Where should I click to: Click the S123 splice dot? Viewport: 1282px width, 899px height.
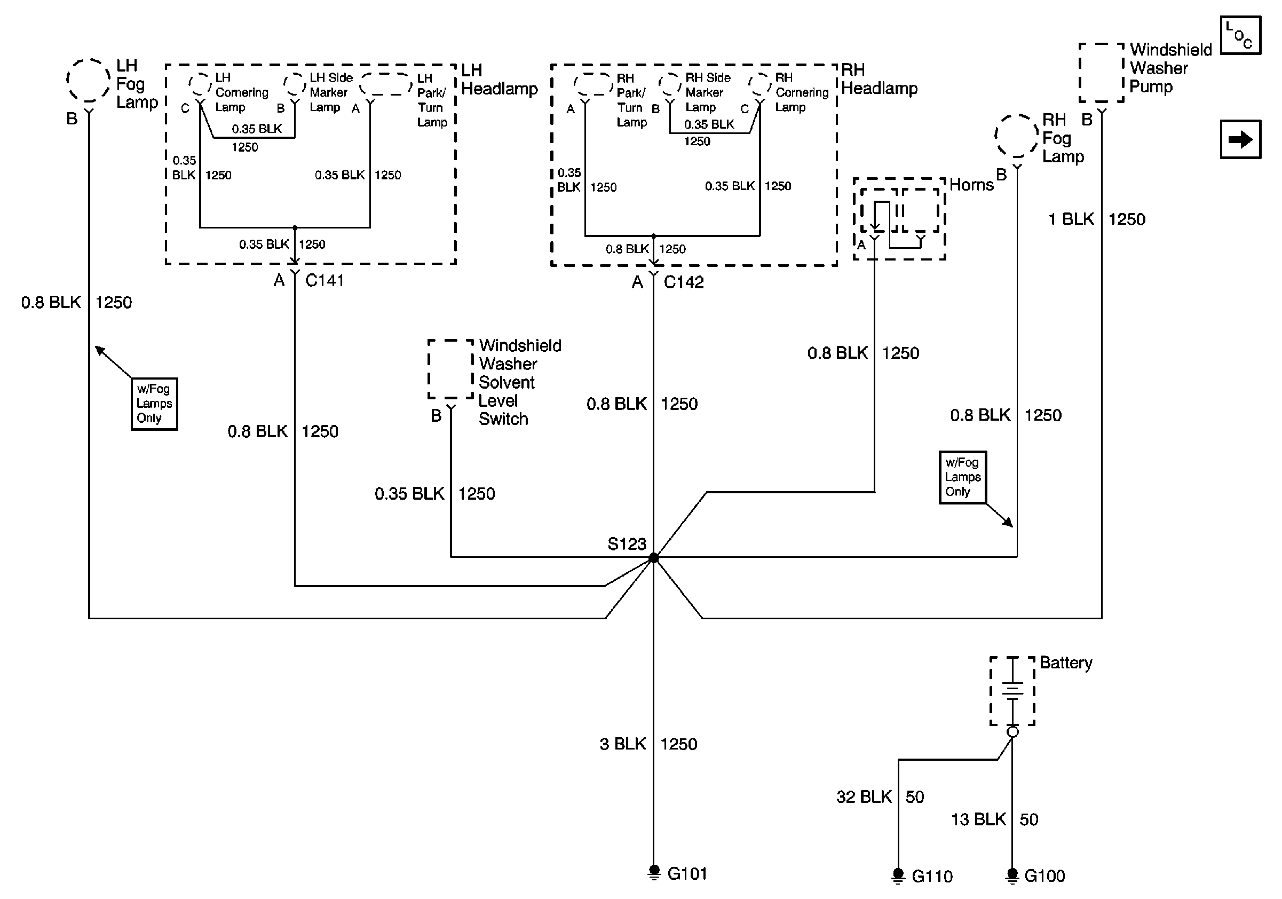tap(653, 557)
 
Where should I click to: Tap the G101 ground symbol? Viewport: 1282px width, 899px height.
tap(654, 872)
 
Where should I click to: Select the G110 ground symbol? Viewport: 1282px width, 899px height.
tap(898, 875)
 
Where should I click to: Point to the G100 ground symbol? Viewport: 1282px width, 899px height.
tap(1012, 875)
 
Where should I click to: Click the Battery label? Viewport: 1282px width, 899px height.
tap(1065, 663)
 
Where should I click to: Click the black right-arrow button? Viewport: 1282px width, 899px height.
tap(1240, 139)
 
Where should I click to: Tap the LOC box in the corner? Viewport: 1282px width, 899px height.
tap(1240, 35)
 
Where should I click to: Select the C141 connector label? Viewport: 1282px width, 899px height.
tap(325, 280)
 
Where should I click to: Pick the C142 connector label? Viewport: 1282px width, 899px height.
tap(684, 282)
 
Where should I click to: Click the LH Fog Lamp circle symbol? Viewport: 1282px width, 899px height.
tap(88, 81)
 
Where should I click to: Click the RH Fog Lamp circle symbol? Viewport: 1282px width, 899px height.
tap(1016, 136)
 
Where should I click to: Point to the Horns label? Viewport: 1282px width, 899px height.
tap(971, 185)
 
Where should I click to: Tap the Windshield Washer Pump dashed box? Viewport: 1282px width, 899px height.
tap(1101, 73)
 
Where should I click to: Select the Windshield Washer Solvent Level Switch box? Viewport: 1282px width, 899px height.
tap(450, 369)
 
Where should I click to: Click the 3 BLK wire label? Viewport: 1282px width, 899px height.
tap(622, 744)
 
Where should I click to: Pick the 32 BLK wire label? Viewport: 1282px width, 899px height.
tap(864, 797)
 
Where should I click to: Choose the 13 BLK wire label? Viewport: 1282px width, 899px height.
tap(978, 819)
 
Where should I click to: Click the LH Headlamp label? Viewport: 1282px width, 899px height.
tap(498, 80)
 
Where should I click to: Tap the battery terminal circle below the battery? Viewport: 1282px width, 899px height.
tap(1012, 732)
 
